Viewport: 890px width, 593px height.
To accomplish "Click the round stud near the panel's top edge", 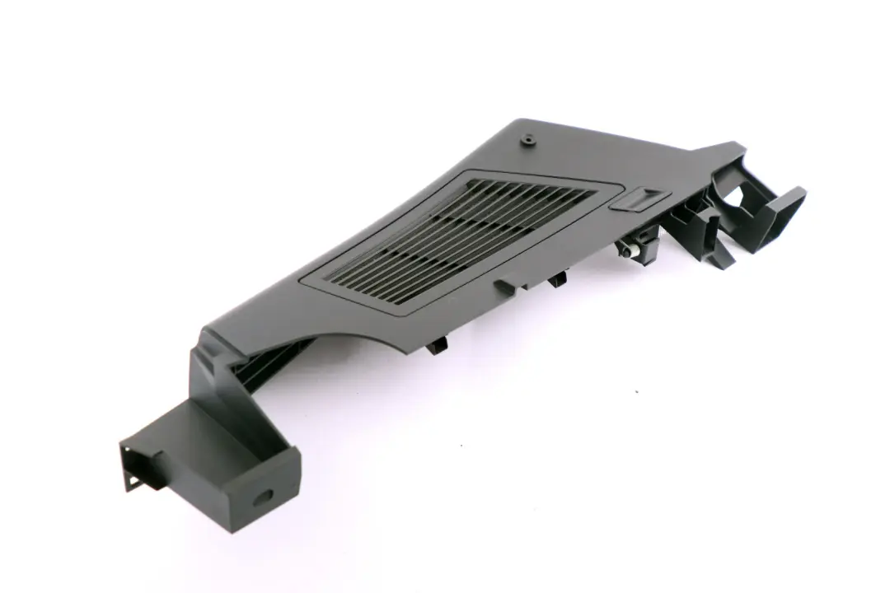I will point(526,142).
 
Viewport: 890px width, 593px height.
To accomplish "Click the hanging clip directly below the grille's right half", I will point(557,281).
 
